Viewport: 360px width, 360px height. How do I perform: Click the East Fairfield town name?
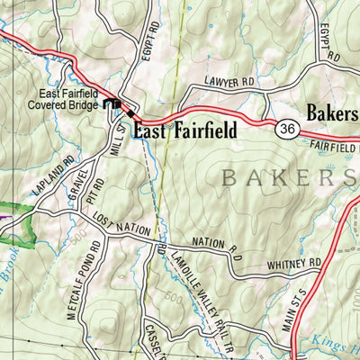pyautogui.click(x=184, y=130)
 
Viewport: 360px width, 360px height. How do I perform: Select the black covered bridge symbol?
pyautogui.click(x=113, y=105)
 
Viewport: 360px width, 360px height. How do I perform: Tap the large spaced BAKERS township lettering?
pyautogui.click(x=288, y=177)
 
